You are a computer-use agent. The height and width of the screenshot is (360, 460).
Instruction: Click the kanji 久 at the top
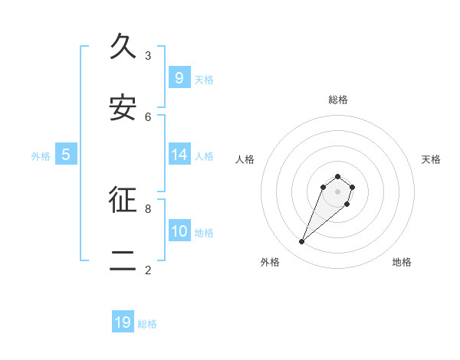click(x=123, y=47)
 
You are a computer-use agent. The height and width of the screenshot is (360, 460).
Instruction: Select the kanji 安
click(x=123, y=108)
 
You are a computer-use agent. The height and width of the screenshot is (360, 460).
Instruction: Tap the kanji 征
click(x=123, y=200)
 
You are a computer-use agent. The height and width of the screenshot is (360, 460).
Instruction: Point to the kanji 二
click(x=123, y=261)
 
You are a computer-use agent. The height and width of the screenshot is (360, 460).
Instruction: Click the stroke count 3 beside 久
click(x=148, y=55)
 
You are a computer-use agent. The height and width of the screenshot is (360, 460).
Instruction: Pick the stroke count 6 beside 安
click(x=148, y=116)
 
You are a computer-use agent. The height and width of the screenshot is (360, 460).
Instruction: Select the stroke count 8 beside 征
click(x=148, y=208)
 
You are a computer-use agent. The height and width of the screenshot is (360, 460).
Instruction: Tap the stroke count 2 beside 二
click(x=148, y=270)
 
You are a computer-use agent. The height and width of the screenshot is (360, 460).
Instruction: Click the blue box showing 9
click(x=179, y=77)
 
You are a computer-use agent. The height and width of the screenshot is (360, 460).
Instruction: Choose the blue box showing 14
click(x=179, y=155)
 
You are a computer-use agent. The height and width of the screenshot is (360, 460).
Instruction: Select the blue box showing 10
click(x=179, y=231)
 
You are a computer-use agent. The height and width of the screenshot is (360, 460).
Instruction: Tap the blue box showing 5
click(x=66, y=155)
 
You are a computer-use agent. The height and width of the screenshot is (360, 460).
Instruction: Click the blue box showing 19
click(x=123, y=322)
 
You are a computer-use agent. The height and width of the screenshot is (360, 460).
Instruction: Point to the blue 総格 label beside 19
click(x=148, y=324)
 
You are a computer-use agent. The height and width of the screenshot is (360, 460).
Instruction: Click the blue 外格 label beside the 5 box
click(x=41, y=156)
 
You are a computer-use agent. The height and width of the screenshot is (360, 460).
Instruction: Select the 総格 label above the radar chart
click(x=338, y=100)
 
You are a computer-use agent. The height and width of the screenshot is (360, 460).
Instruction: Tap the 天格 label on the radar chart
click(x=431, y=159)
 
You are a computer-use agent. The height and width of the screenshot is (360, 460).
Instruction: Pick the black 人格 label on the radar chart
click(x=245, y=159)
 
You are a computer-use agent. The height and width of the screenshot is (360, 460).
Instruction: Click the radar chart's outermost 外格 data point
click(x=302, y=242)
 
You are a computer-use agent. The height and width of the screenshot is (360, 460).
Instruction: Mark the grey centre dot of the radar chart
click(x=338, y=191)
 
